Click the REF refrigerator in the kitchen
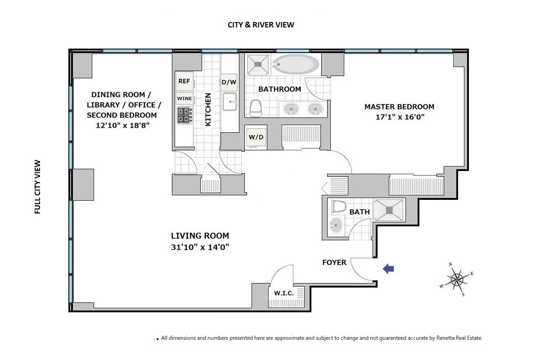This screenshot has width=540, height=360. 184,81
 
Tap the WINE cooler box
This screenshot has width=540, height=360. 184,99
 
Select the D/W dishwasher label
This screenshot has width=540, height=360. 229,82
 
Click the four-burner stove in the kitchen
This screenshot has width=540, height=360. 184,115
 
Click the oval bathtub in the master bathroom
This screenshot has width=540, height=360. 296,64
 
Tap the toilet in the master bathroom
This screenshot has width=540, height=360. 255,108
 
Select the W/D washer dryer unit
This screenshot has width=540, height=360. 256,137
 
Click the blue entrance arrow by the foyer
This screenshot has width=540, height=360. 388,269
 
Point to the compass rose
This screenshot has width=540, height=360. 456,279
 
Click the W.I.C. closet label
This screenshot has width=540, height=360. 284,293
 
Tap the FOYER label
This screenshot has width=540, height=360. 334,262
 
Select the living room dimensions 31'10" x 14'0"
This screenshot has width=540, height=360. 200,247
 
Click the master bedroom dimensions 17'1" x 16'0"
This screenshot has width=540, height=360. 400,117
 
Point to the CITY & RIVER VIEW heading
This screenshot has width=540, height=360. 261,25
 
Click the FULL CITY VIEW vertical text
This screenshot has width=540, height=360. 38,187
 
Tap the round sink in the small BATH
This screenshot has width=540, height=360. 336,225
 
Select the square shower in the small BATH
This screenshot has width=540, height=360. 389,210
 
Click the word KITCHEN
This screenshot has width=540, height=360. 208,110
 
